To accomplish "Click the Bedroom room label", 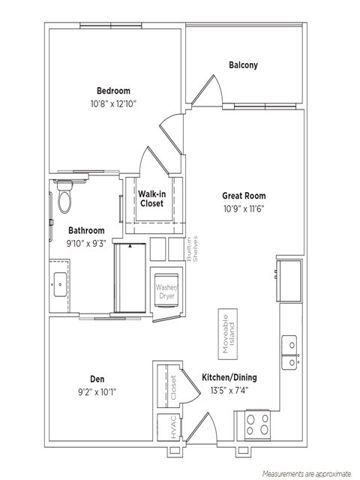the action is (x=113, y=91).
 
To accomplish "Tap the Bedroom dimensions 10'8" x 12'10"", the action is (x=113, y=104).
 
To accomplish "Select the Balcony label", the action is (x=243, y=65).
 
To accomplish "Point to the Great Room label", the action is (x=244, y=196).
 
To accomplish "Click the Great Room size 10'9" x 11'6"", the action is (x=244, y=209).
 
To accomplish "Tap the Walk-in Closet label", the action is (x=151, y=199).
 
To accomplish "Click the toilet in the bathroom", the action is (x=64, y=196).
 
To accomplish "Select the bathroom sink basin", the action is (x=60, y=284).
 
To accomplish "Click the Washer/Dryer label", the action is (x=166, y=292).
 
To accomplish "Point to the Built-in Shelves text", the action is (x=192, y=248).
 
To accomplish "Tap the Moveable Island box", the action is (x=228, y=334).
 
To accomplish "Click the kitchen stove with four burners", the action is (x=257, y=424).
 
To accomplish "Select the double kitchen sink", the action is (x=289, y=352).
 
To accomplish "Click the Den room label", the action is (x=97, y=379).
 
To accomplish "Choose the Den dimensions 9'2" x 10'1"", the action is (x=97, y=392).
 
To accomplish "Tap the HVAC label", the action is (x=173, y=427).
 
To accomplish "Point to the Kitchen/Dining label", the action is (x=229, y=377).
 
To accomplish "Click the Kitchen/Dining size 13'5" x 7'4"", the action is (x=229, y=391).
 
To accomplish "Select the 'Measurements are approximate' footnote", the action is (x=307, y=474).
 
